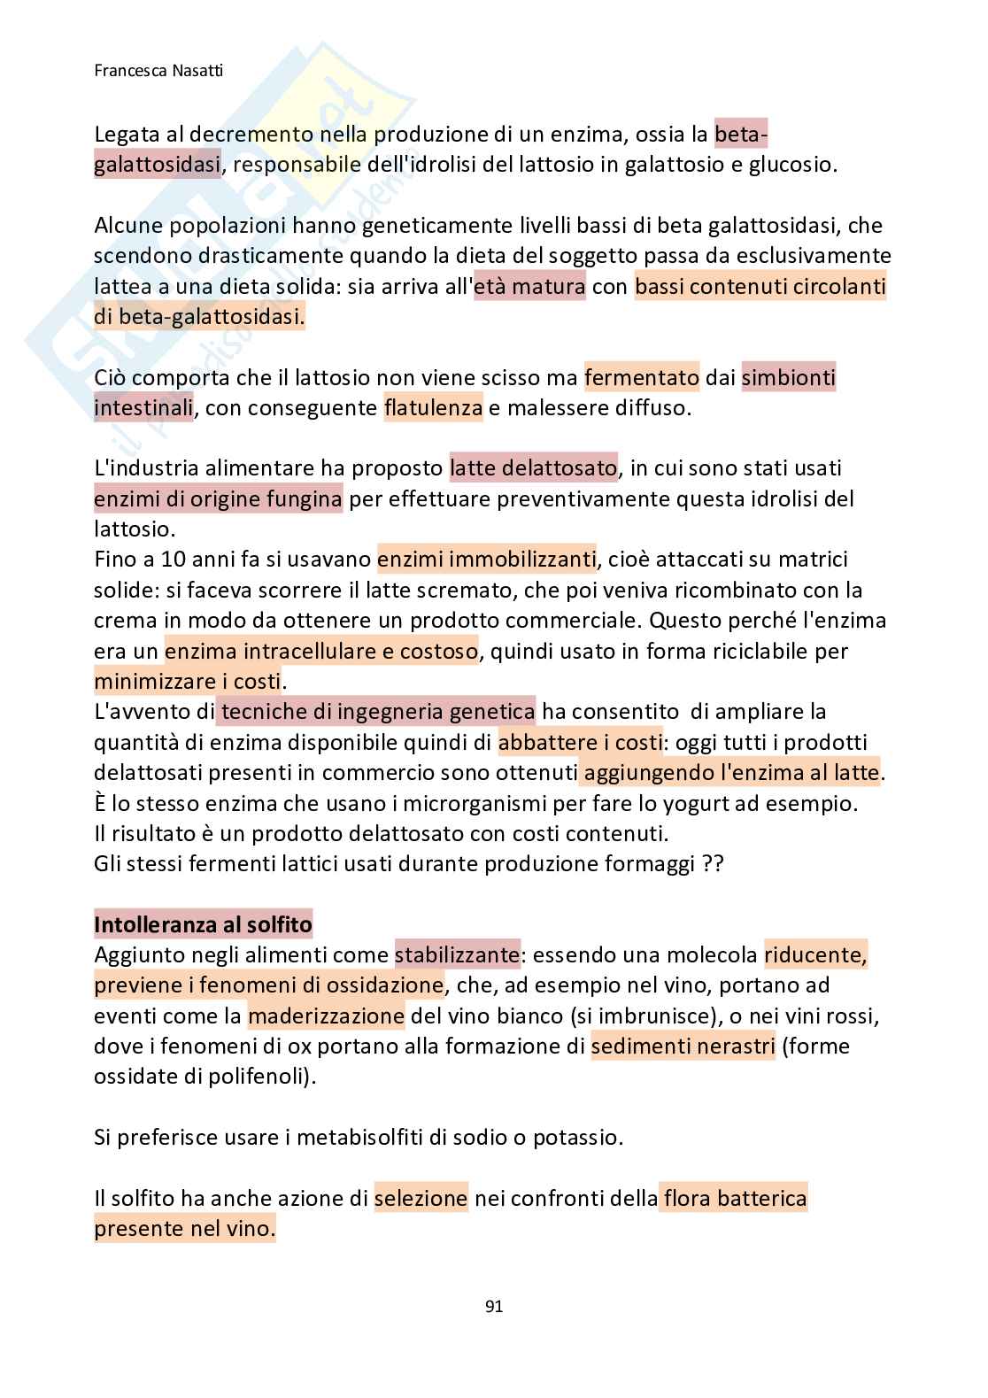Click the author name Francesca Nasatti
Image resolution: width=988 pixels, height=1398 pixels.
[x=158, y=70]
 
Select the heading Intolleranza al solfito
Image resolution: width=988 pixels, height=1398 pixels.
[x=203, y=925]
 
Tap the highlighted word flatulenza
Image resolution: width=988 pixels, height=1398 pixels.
[x=433, y=408]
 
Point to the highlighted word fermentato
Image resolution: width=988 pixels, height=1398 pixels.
[x=642, y=378]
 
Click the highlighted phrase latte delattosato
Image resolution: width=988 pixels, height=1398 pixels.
[x=534, y=467]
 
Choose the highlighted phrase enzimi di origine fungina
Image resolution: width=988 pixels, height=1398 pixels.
[x=218, y=499]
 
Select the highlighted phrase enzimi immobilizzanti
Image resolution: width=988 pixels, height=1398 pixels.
[x=486, y=560]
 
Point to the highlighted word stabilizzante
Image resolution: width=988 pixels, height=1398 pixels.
[x=457, y=955]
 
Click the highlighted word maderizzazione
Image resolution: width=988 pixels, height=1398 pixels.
[x=326, y=1016]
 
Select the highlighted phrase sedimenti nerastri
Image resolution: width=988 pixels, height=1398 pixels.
[x=683, y=1047]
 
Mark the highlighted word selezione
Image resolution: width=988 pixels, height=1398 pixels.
[x=421, y=1199]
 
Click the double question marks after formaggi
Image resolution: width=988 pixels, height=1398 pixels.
[x=713, y=864]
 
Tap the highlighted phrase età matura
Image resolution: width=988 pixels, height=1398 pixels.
[x=530, y=287]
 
